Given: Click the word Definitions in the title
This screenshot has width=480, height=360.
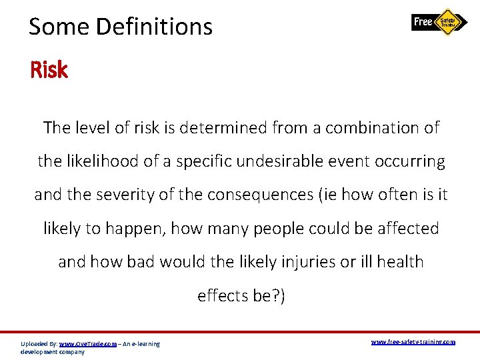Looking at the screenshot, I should [x=155, y=27].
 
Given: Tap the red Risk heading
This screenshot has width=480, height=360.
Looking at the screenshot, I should [x=49, y=70].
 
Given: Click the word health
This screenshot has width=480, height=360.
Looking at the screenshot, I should [x=400, y=262].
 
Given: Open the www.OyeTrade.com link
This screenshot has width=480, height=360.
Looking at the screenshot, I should [x=88, y=344].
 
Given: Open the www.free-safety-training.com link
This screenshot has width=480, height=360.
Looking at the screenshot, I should [x=413, y=342].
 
